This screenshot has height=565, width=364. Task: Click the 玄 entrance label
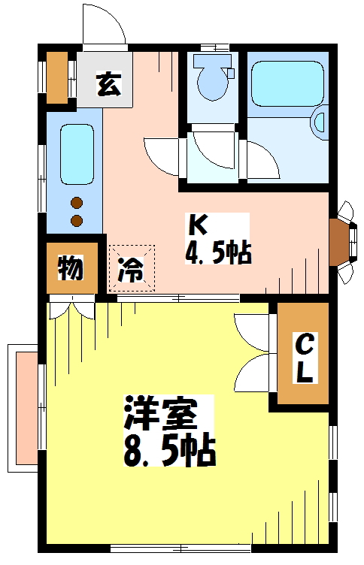[x=108, y=84]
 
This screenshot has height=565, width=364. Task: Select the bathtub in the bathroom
[x=287, y=83]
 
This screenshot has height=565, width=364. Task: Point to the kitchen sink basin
[x=77, y=155]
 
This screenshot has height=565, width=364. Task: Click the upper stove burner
[x=77, y=203]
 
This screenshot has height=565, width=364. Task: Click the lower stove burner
[x=77, y=220]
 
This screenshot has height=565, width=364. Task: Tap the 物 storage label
[x=71, y=268]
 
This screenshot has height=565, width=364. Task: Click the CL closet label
[x=304, y=358]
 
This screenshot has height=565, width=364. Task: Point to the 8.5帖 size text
[x=169, y=451]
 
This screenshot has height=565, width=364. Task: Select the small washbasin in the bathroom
[x=320, y=122]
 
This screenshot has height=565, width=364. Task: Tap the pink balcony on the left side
[x=26, y=408]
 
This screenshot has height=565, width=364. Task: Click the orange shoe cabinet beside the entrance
[x=57, y=77]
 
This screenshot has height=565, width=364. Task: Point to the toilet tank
[x=212, y=61]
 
